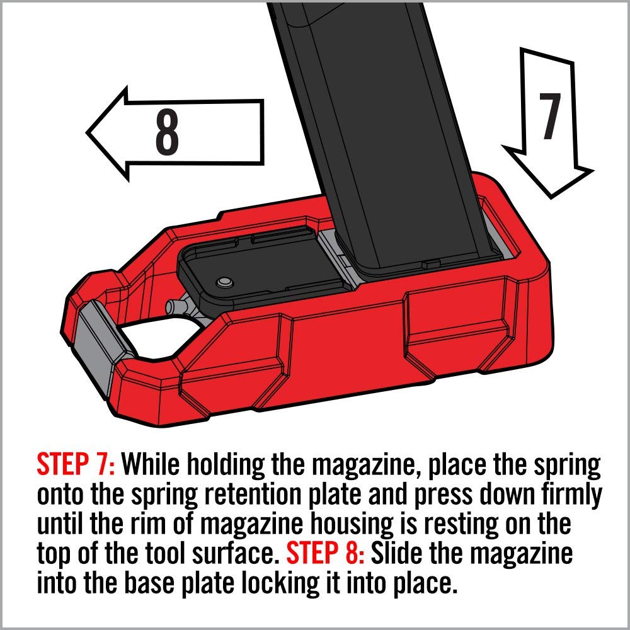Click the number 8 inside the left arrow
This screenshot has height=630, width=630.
[x=167, y=134]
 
